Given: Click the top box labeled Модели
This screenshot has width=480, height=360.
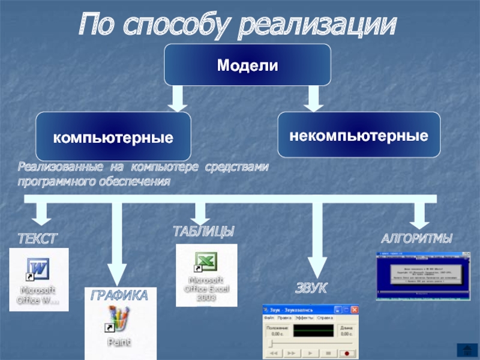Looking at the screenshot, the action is click(x=248, y=64).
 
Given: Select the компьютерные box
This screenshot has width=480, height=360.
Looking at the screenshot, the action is click(x=113, y=137).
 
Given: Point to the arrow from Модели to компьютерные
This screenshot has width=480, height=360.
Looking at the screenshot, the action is click(x=178, y=97).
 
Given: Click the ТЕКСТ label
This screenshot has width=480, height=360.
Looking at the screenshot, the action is click(x=37, y=239).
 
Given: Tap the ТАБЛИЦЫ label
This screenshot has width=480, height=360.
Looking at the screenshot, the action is click(x=203, y=232).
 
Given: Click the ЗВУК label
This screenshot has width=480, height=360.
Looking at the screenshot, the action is click(x=311, y=289).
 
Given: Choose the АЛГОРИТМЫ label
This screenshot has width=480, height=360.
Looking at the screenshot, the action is click(x=417, y=238).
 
